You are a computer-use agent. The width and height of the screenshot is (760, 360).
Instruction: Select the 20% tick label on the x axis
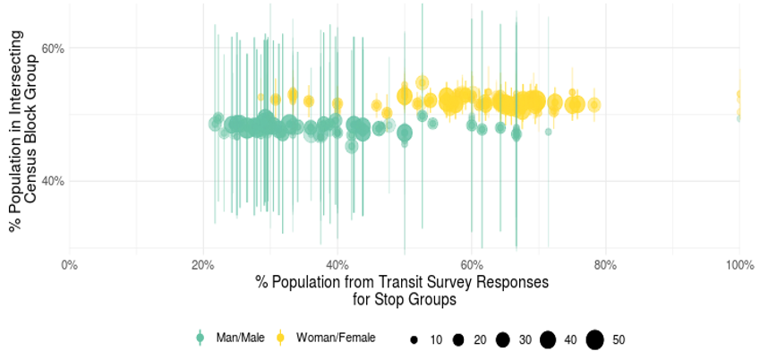[203, 265]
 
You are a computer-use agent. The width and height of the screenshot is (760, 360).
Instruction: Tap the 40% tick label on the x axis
[337, 265]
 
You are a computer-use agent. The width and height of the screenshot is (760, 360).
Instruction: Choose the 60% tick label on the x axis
[472, 265]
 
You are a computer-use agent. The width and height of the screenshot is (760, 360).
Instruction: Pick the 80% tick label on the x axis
[605, 265]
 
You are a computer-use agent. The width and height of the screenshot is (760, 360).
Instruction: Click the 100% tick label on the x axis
[739, 265]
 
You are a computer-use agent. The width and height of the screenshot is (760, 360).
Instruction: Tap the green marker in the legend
[200, 338]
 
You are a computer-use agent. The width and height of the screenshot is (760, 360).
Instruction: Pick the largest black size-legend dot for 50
[594, 339]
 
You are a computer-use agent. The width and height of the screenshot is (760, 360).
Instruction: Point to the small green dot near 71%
[548, 132]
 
